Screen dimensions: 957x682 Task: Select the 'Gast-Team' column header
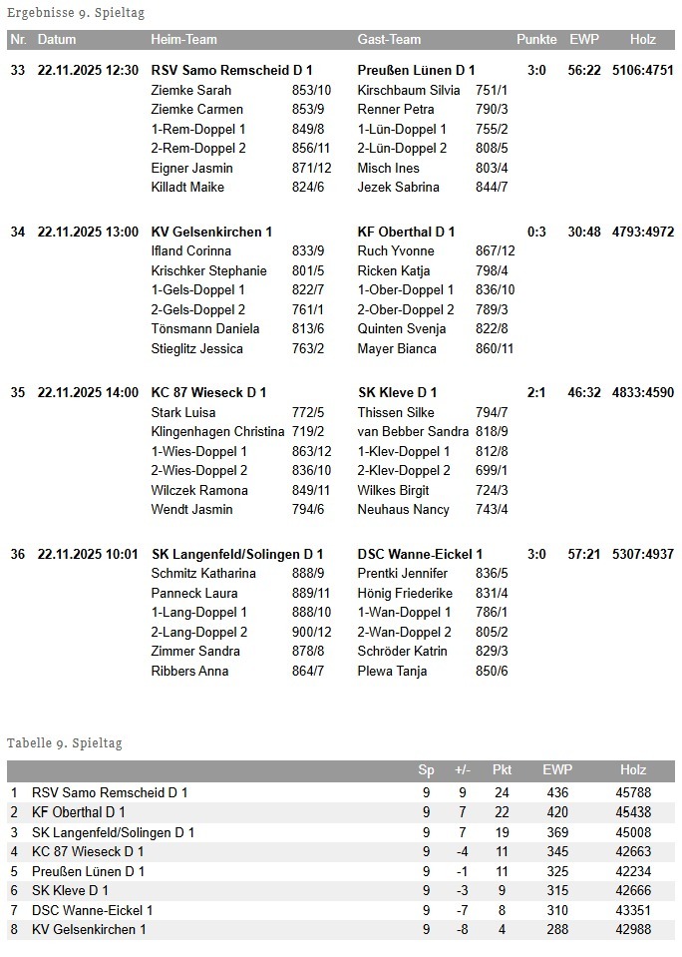pyautogui.click(x=389, y=40)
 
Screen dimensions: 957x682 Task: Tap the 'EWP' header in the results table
pyautogui.click(x=583, y=40)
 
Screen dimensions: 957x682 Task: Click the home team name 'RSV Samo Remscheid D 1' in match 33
pyautogui.click(x=231, y=70)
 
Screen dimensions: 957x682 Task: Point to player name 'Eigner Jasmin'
pyautogui.click(x=191, y=168)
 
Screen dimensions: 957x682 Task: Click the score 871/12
pyautogui.click(x=312, y=168)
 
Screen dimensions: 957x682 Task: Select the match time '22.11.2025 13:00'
pyautogui.click(x=88, y=232)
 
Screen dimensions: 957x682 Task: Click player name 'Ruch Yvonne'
pyautogui.click(x=396, y=251)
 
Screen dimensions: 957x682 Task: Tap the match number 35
pyautogui.click(x=18, y=392)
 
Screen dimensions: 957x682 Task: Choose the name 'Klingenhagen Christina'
pyautogui.click(x=217, y=431)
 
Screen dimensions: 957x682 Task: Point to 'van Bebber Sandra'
pyautogui.click(x=413, y=431)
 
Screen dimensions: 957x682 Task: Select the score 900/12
pyautogui.click(x=312, y=632)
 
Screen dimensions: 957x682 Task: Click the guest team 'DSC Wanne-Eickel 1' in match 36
pyautogui.click(x=420, y=554)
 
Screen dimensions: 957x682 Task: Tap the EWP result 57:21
pyautogui.click(x=584, y=554)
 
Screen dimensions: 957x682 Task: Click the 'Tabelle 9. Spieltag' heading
pyautogui.click(x=64, y=743)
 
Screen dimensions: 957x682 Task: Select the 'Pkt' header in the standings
pyautogui.click(x=502, y=770)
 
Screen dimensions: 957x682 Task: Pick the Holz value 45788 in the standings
pyautogui.click(x=633, y=792)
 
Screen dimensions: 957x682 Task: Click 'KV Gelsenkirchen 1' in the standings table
pyautogui.click(x=89, y=929)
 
